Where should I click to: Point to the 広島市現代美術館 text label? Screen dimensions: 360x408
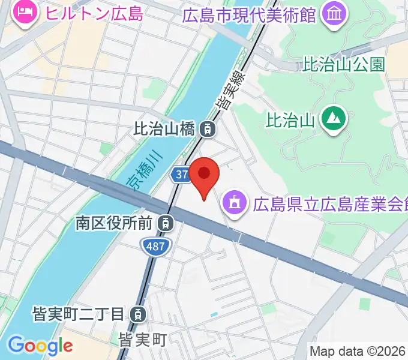(249, 14)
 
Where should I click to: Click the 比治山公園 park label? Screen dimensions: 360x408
(344, 65)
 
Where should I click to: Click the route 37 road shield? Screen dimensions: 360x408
(182, 175)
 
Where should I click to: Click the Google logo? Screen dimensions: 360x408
(40, 346)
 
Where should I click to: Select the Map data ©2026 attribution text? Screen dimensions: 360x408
(358, 351)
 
